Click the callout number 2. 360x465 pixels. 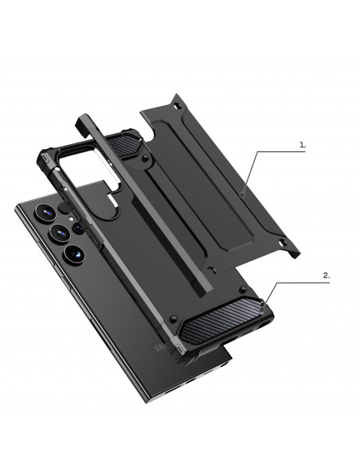[326, 275]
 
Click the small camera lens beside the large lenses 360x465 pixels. [79, 229]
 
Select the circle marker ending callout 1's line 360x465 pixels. [242, 193]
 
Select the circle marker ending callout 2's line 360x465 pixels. [264, 303]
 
